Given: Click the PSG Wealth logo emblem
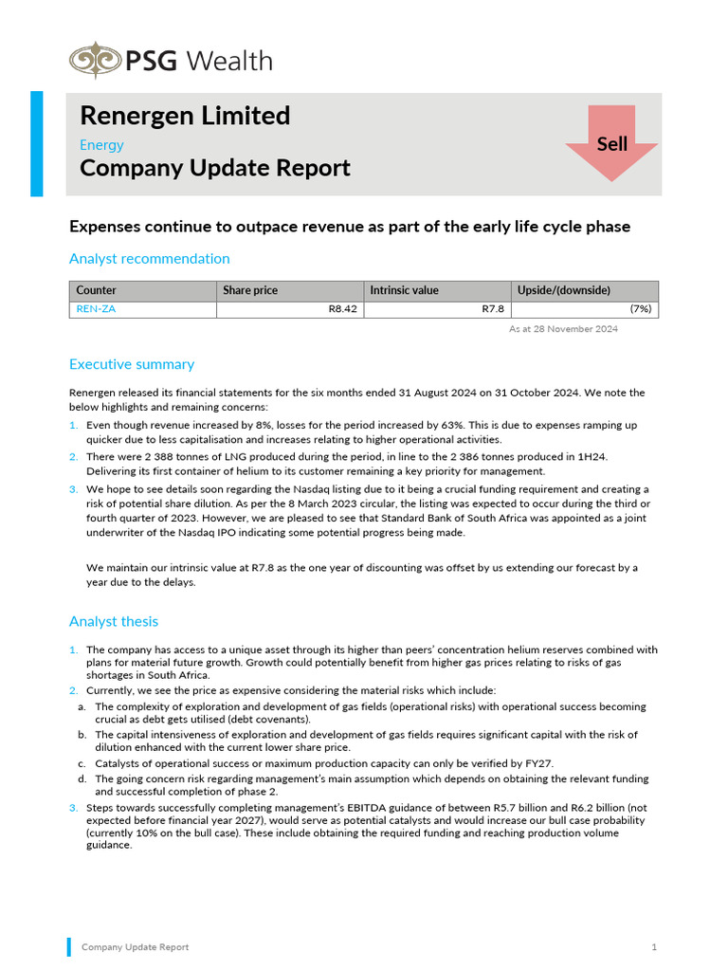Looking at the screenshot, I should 94,61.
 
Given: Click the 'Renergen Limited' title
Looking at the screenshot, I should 185,116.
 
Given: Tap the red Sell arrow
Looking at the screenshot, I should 611,143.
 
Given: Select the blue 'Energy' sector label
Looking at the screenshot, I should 101,145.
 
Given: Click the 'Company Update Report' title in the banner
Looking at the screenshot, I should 215,169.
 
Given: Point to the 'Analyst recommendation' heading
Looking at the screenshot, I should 149,259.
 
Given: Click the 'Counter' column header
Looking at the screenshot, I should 96,290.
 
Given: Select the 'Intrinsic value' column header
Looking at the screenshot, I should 404,290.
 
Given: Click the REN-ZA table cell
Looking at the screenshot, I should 96,309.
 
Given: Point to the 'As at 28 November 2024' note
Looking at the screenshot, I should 563,329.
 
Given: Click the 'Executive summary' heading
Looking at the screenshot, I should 132,364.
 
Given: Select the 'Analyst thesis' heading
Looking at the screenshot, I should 114,622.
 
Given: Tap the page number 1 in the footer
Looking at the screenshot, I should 654,947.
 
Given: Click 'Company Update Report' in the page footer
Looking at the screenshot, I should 135,947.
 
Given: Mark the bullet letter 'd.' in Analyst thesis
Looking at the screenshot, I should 82,779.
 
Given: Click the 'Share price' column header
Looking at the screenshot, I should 250,290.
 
